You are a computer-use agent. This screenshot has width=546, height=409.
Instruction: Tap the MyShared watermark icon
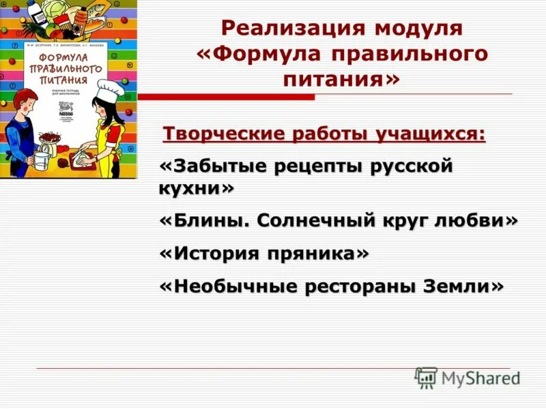[x=426, y=377]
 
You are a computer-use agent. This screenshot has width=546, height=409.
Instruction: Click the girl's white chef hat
[x=109, y=89]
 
